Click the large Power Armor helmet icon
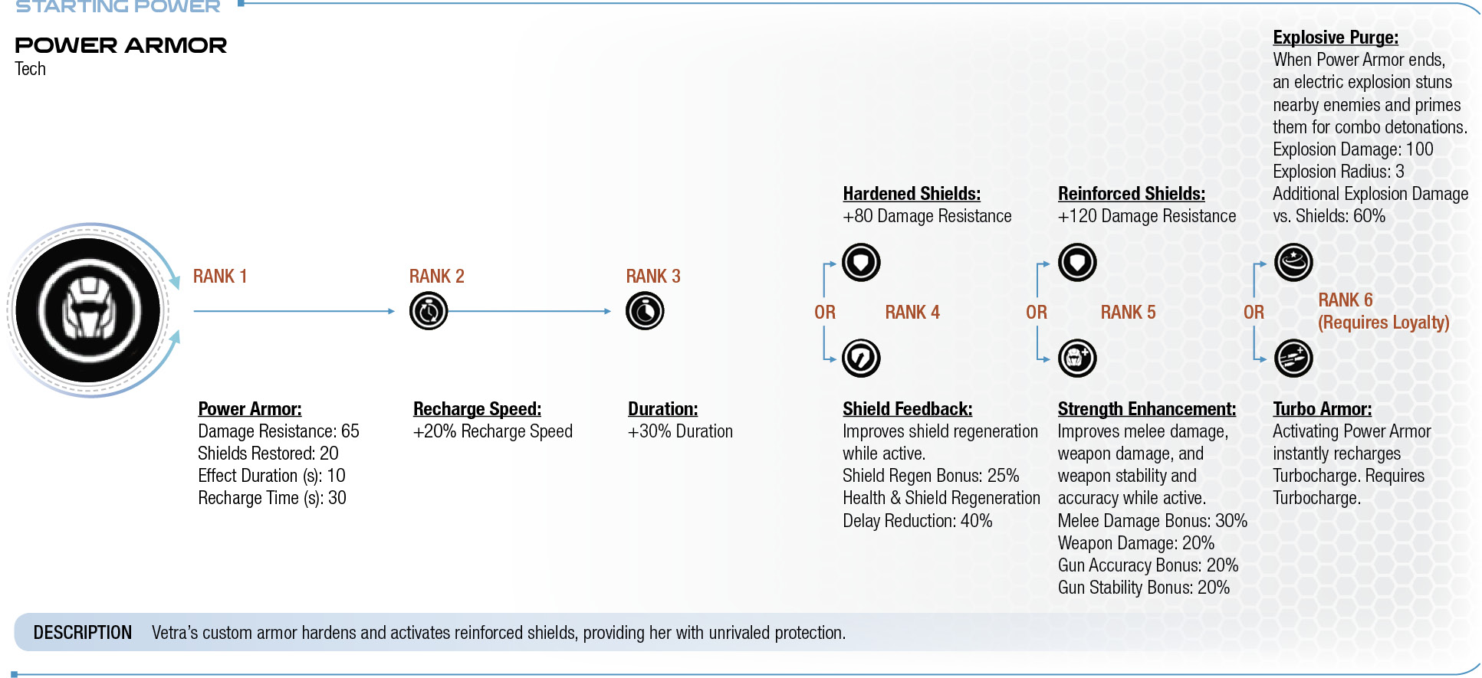tap(88, 310)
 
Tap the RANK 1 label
tap(220, 277)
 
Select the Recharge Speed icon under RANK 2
tap(429, 311)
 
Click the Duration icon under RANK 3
tap(645, 311)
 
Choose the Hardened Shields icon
tap(861, 263)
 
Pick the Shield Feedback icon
tap(861, 358)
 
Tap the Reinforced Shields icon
tap(1077, 263)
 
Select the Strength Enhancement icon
tap(1077, 358)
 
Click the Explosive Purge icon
tap(1293, 263)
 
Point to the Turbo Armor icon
tap(1293, 358)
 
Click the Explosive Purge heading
tap(1336, 38)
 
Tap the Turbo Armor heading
tap(1323, 409)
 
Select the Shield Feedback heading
tap(908, 409)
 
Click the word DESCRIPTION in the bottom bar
tap(83, 633)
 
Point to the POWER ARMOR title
tap(121, 45)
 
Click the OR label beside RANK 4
tap(825, 313)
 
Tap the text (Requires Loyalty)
tap(1384, 323)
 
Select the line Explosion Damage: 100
tap(1353, 149)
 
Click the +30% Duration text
tap(680, 431)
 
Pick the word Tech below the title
tap(31, 69)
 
